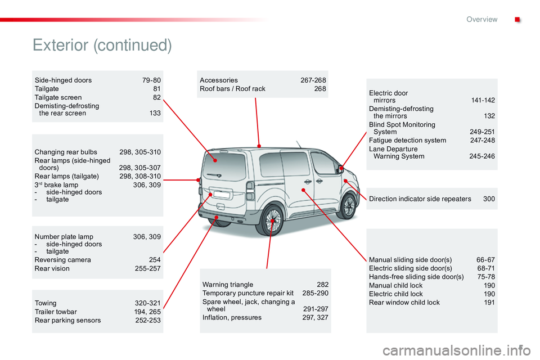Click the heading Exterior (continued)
tap(102, 45)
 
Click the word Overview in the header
tap(481, 19)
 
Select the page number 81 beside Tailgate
tap(157, 89)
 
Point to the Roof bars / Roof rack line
tap(232, 89)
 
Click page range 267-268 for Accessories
tap(313, 80)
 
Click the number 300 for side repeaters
tap(489, 199)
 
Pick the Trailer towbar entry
tap(56, 312)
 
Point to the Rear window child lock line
tap(404, 302)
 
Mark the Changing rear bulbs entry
tap(65, 152)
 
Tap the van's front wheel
tap(349, 205)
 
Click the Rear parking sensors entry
tap(67, 320)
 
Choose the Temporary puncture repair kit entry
tap(248, 293)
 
